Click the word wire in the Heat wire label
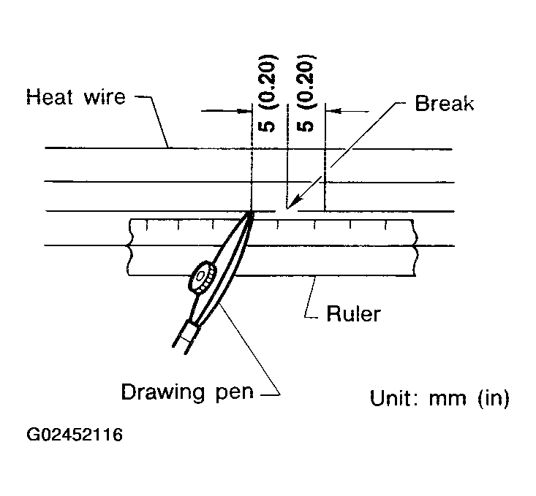(102, 97)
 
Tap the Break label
(444, 103)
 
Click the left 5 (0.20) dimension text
(268, 93)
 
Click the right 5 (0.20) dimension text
(307, 93)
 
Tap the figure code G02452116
(75, 436)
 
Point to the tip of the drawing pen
(250, 213)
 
